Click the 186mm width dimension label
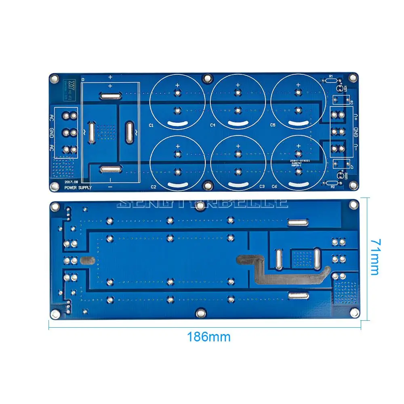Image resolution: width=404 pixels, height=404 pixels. tap(208, 337)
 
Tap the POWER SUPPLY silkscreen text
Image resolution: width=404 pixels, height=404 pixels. tap(78, 188)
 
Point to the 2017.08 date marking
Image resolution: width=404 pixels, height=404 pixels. tap(71, 182)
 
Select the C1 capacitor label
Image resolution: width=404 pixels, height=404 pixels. tap(151, 126)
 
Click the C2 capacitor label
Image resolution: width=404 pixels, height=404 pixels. tap(153, 187)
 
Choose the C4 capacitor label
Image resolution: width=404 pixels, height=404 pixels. tap(213, 126)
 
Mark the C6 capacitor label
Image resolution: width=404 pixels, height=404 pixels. tap(274, 187)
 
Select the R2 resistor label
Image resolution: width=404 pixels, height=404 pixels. tap(332, 187)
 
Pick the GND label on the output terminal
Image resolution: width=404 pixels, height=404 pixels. tap(356, 132)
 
